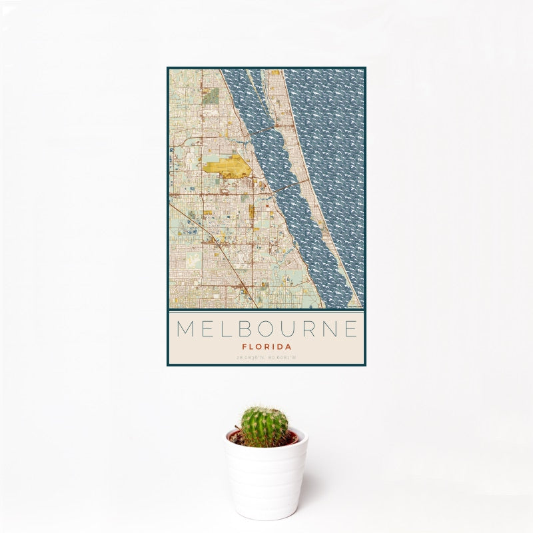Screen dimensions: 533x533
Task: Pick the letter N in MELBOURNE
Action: pyautogui.click(x=332, y=329)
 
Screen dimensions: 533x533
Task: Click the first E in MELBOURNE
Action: pyautogui.click(x=207, y=329)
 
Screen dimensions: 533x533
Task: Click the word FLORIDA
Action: pyautogui.click(x=266, y=346)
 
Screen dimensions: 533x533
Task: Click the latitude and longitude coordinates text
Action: pyautogui.click(x=266, y=358)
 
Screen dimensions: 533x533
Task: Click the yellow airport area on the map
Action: pyautogui.click(x=227, y=165)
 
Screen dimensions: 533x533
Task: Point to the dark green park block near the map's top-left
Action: pyautogui.click(x=211, y=96)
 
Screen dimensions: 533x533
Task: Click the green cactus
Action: pyautogui.click(x=264, y=427)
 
